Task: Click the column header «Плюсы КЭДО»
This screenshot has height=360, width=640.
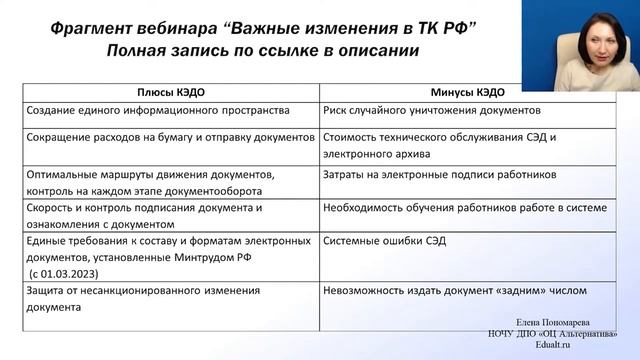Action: pyautogui.click(x=164, y=91)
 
